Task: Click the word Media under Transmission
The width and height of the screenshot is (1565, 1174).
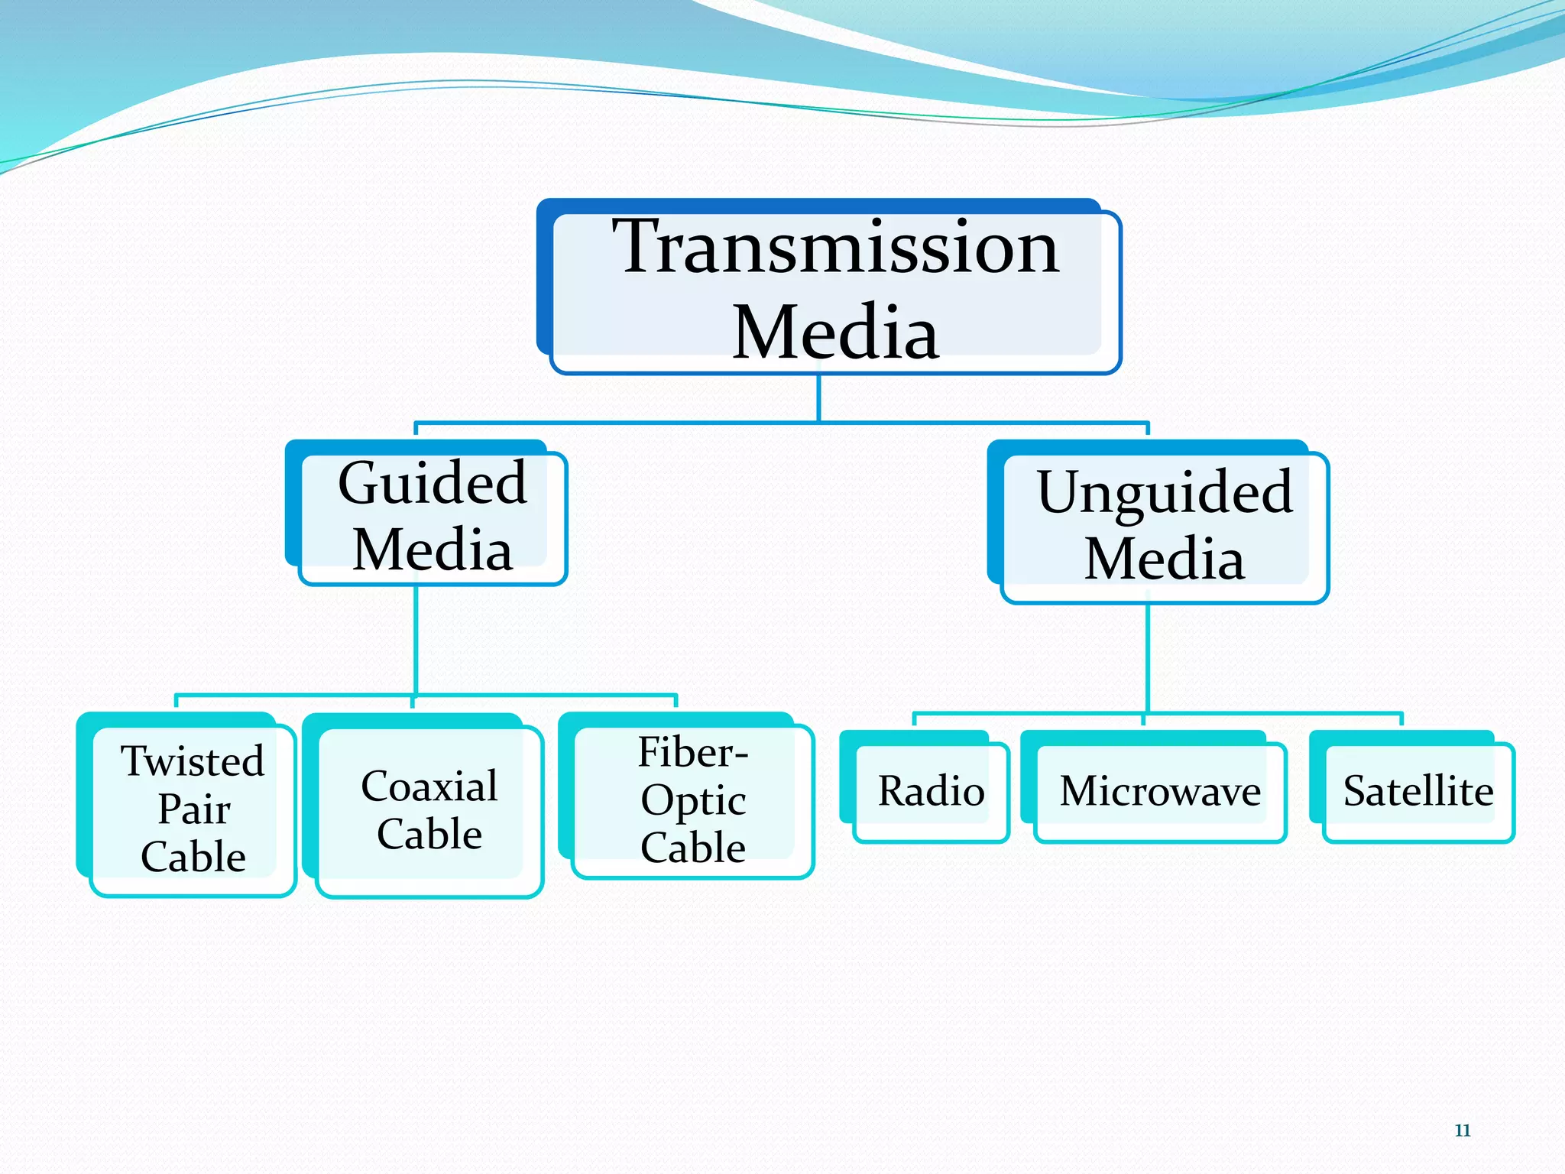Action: (835, 332)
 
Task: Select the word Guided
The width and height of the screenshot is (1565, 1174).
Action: (433, 483)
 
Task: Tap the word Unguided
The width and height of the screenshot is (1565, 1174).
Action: (1165, 493)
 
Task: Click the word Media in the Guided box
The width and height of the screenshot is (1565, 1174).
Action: (433, 550)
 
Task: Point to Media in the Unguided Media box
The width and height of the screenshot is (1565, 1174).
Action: (1165, 559)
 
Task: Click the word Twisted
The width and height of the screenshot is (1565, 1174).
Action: (193, 761)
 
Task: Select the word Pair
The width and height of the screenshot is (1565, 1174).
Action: (193, 809)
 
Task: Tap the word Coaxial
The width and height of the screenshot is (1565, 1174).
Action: (429, 786)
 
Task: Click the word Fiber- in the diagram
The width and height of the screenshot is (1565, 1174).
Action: (692, 752)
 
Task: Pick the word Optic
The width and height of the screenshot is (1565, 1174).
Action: (693, 800)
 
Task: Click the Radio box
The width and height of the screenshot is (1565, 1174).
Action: (931, 791)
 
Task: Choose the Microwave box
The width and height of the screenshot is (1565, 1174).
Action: (1160, 791)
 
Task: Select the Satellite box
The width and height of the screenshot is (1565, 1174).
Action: (1418, 791)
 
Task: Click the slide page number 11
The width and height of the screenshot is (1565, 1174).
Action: (1463, 1130)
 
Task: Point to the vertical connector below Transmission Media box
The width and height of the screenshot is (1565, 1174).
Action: (818, 397)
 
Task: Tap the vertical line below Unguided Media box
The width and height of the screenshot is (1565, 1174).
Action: (1148, 657)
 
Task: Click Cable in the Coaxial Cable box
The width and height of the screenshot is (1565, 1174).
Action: (429, 834)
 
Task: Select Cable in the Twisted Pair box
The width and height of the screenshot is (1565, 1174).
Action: (193, 857)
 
